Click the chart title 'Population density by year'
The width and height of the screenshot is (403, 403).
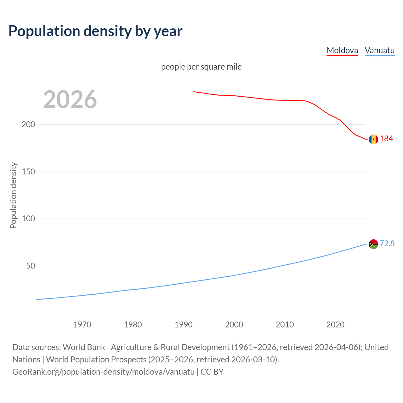pos(95,31)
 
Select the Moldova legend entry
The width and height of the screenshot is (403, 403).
pos(342,50)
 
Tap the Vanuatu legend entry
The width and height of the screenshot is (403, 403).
pos(379,50)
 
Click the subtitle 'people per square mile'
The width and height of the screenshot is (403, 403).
pos(201,67)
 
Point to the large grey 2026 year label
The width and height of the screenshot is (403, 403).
pos(70,99)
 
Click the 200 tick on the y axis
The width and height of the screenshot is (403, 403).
pos(28,124)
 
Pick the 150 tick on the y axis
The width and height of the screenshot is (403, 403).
pos(28,172)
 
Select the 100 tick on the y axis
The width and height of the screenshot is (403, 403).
pos(28,219)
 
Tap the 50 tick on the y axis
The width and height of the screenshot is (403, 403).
pos(31,266)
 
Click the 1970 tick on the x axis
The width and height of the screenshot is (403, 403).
pos(82,325)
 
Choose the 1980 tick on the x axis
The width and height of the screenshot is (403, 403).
pos(133,325)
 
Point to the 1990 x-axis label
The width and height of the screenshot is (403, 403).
pos(184,325)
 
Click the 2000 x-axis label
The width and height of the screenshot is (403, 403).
pos(234,325)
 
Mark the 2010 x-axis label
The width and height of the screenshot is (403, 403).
pos(285,325)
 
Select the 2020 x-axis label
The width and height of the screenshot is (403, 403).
pos(335,325)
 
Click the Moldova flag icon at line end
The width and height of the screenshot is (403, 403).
pos(373,139)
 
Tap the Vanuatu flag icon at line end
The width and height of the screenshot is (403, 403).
pos(373,244)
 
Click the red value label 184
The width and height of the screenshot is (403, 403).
pos(386,139)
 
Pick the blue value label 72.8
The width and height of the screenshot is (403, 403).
pos(387,243)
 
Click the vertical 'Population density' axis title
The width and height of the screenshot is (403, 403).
pos(13,195)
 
